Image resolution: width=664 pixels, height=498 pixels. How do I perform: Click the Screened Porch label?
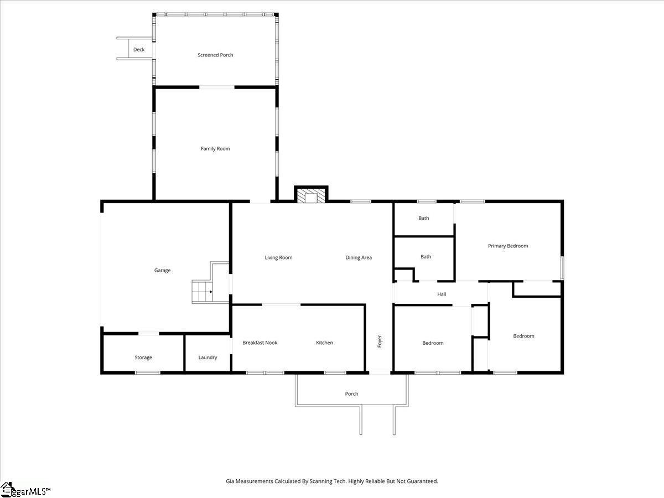[x=215, y=55]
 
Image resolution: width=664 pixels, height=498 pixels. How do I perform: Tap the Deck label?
[x=139, y=50]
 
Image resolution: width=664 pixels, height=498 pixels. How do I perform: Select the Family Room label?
[x=215, y=148]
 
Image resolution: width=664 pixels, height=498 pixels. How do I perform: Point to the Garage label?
[x=163, y=271]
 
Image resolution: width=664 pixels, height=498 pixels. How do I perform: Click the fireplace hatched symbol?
[x=311, y=196]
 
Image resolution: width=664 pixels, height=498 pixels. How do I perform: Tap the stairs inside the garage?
[x=202, y=292]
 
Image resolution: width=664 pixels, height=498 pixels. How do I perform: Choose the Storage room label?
[x=143, y=357]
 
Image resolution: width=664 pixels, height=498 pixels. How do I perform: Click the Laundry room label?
[x=208, y=357]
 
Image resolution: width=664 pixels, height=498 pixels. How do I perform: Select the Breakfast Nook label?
[x=260, y=343]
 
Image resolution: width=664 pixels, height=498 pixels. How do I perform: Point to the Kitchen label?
[x=325, y=343]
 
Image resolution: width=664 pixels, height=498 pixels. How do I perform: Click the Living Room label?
[x=279, y=258]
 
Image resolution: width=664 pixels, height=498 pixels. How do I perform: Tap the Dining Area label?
[x=359, y=258]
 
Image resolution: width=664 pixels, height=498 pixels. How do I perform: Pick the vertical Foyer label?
[x=380, y=341]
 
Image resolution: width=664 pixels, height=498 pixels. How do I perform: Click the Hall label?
[x=442, y=294]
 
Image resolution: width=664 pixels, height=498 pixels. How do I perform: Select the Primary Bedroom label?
[x=508, y=246]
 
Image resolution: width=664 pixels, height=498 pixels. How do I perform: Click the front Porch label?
[x=351, y=393]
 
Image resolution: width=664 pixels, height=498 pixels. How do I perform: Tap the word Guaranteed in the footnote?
[x=422, y=481]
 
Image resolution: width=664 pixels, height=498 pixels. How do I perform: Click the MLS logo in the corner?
[x=25, y=490]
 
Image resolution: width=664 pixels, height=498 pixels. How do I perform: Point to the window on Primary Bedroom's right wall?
[x=562, y=268]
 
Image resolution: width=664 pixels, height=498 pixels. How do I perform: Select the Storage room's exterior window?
[x=147, y=372]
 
